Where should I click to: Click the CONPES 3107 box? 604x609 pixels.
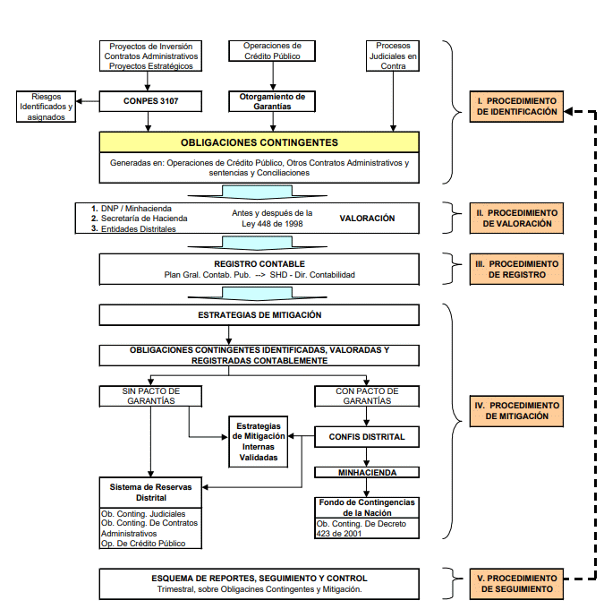point(150,101)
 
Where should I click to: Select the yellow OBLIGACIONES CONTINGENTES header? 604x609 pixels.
point(259,142)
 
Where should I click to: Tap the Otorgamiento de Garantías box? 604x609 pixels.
point(272,101)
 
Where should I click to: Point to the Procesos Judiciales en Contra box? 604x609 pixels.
point(393,56)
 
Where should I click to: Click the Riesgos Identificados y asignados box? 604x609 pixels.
point(47,107)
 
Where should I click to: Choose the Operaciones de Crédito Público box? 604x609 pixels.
point(272,51)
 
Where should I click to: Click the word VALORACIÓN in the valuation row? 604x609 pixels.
point(367,219)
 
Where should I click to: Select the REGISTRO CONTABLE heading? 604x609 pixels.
point(259,264)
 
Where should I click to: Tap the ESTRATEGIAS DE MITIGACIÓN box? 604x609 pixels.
point(259,315)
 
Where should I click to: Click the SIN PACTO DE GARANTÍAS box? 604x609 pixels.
point(150,396)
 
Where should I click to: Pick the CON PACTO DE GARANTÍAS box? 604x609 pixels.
point(367,396)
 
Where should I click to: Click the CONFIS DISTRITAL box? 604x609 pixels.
point(367,437)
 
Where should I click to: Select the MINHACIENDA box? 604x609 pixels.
point(367,473)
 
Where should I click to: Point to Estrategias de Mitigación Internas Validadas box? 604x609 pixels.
point(259,442)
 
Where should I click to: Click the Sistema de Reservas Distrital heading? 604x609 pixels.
point(150,493)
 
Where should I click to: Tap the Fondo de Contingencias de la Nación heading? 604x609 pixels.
point(367,508)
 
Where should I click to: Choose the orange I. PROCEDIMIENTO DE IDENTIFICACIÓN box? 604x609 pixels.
point(516,107)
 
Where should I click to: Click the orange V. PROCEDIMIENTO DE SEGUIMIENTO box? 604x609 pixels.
point(516,584)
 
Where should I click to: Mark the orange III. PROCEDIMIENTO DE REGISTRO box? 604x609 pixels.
point(516,270)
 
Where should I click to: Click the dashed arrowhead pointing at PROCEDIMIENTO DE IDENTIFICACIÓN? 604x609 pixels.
point(568,112)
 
